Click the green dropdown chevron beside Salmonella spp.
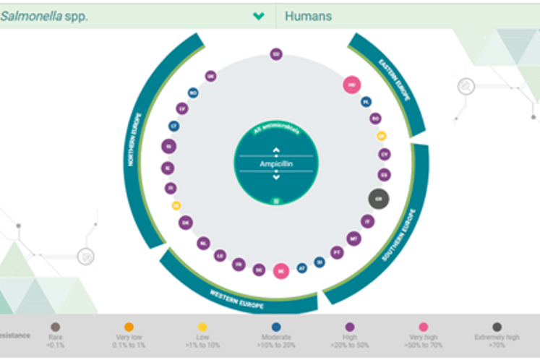pos(258,16)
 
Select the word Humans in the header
pos(309,16)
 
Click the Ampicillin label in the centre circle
pos(275,164)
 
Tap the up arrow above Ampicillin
pos(275,151)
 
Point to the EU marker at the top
pos(275,54)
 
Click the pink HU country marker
pos(352,85)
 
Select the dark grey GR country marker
pos(378,199)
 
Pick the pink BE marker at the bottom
pos(281,271)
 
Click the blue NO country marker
pos(193,93)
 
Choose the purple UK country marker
pos(210,76)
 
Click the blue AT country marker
pos(302,267)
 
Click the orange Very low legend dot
pos(129,327)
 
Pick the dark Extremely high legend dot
pos(497,327)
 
